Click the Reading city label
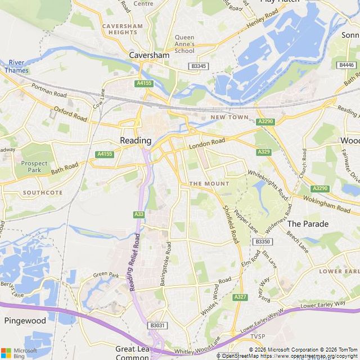tap(136, 140)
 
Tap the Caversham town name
tap(149, 56)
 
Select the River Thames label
tap(16, 66)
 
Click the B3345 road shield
tap(199, 66)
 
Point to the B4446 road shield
tap(347, 65)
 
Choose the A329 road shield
tap(263, 152)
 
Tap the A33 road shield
tap(138, 214)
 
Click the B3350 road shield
tap(262, 241)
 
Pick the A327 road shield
tap(240, 296)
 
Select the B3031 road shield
tap(158, 326)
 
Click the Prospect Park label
tap(34, 166)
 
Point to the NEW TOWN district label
tap(229, 117)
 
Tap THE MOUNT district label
tap(209, 183)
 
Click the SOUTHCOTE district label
tap(43, 192)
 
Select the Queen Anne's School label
tap(184, 44)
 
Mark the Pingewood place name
tap(25, 321)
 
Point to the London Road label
tap(206, 143)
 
